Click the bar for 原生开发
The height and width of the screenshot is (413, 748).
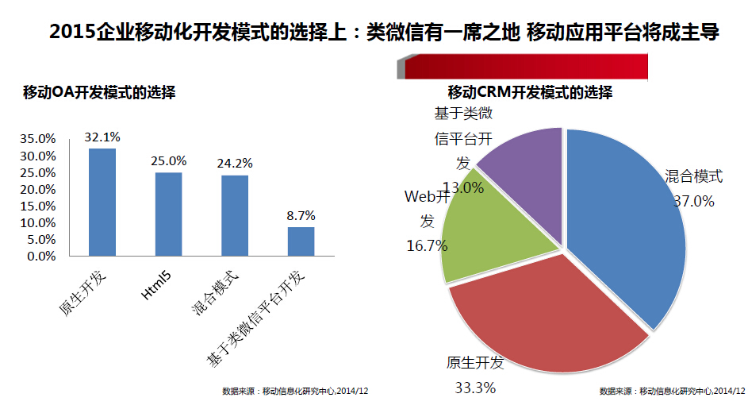102,203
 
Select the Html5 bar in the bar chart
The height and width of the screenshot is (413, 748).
168,214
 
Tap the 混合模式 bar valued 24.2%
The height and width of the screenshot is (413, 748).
235,216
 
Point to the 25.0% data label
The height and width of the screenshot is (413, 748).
168,161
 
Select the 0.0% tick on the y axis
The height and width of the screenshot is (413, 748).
41,257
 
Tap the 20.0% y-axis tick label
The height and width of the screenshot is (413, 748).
38,189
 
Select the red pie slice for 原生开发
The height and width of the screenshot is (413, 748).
547,318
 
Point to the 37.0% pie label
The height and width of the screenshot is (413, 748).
693,202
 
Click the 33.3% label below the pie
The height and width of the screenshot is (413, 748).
475,388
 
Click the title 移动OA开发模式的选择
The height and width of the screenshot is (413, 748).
99,93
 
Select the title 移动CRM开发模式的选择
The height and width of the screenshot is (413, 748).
530,92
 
